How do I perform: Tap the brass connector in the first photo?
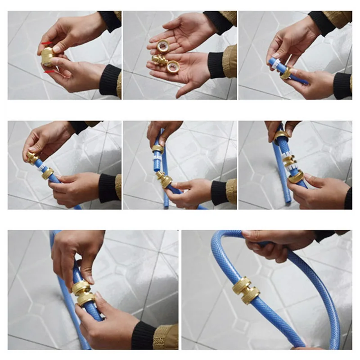[x=47, y=56]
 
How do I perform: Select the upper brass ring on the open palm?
[x=162, y=45]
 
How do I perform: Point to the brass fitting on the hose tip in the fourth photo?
[x=32, y=157]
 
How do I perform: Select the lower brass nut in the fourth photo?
[x=47, y=173]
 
